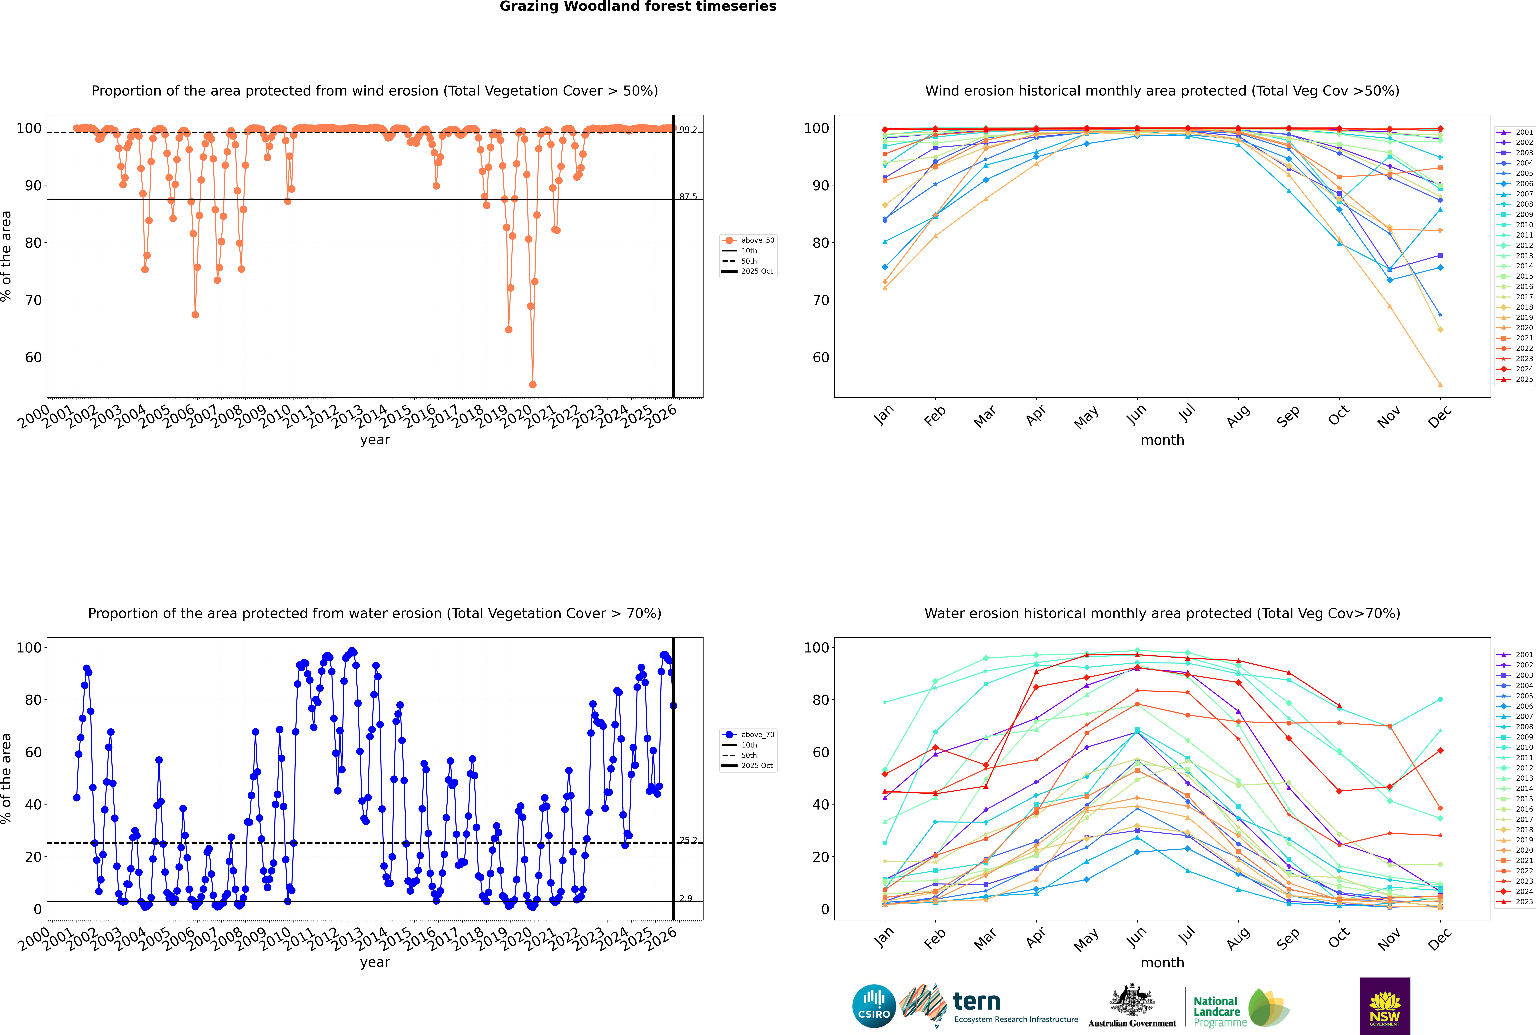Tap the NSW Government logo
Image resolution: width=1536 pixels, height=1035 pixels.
(1385, 1005)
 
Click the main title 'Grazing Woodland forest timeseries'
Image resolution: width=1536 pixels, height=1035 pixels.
(638, 7)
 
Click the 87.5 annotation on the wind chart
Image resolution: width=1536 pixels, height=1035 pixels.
(688, 197)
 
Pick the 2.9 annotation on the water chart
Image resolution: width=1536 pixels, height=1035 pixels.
(686, 898)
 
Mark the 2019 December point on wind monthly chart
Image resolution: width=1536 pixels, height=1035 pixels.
(1440, 385)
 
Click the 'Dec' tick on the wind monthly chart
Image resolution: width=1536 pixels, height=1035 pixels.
(1440, 416)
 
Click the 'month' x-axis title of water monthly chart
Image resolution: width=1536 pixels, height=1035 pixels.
(1162, 962)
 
